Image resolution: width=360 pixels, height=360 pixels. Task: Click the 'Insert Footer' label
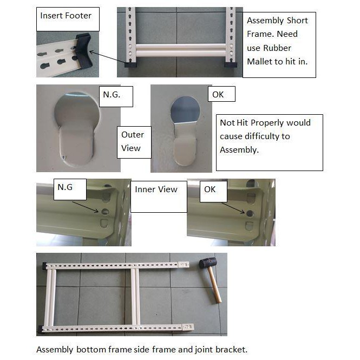pos(66,15)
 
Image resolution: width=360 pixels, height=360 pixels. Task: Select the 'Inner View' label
pos(156,189)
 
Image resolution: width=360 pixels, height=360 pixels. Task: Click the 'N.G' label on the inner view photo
pos(65,187)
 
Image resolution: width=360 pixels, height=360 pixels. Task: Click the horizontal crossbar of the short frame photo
pos(179,49)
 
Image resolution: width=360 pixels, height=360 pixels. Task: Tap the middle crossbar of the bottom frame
pos(133,297)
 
